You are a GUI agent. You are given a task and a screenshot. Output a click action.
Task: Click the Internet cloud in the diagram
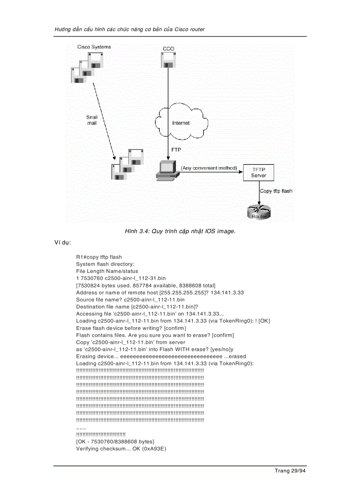point(181,122)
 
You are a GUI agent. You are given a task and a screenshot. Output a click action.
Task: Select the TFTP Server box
point(259,172)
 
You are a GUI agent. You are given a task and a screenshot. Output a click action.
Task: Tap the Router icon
point(259,212)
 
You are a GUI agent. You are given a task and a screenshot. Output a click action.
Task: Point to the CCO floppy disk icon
point(168,60)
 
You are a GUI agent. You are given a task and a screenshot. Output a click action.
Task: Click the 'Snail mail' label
point(92,120)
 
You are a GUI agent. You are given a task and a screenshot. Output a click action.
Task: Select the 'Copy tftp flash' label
point(276,191)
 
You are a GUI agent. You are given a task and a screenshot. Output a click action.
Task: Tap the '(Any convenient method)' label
point(209,168)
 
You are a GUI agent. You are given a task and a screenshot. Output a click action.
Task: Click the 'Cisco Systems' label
point(94,47)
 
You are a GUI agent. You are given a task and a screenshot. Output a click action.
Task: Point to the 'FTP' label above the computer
point(176,150)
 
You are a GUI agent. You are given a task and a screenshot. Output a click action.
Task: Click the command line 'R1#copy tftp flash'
point(99,257)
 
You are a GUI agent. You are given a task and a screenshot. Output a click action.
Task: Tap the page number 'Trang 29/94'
point(290,471)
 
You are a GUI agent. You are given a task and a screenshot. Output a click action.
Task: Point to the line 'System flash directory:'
point(102,264)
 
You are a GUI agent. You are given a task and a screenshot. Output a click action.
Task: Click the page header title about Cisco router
point(129,29)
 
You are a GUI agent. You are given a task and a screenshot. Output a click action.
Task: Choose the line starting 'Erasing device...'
point(161,356)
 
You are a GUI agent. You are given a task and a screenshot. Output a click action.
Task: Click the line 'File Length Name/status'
point(107,271)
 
